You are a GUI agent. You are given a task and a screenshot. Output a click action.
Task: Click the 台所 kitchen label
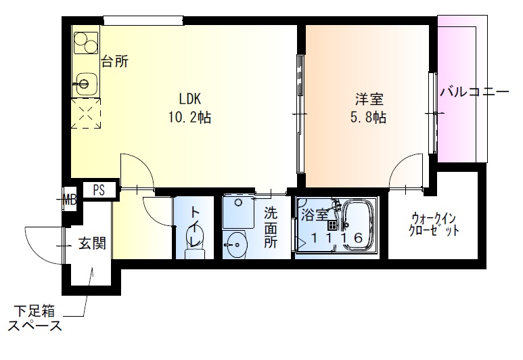click(114, 62)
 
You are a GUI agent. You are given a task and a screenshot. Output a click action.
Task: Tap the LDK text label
click(189, 97)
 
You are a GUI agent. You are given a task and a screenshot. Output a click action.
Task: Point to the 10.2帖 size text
click(189, 117)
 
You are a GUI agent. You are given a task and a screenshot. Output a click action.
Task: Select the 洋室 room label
click(368, 97)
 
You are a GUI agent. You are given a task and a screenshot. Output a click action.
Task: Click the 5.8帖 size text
click(368, 117)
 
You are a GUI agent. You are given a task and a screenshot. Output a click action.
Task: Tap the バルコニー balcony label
click(474, 91)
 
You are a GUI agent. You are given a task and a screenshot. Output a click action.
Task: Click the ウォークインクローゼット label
click(435, 224)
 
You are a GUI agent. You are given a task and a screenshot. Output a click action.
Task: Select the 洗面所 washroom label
click(271, 227)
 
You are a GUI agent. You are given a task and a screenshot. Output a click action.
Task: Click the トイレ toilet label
click(196, 225)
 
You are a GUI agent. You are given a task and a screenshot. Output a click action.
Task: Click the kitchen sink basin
click(85, 85)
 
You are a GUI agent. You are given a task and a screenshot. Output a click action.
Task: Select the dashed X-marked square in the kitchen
click(85, 114)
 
